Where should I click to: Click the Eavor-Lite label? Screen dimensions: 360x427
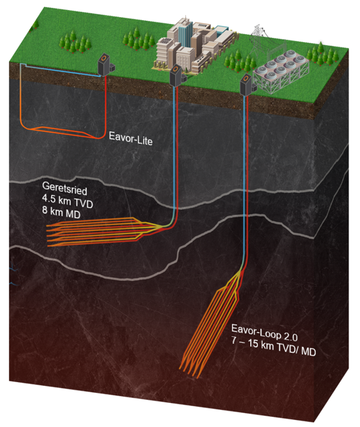click(x=131, y=139)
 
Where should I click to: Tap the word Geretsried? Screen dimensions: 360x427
click(x=65, y=189)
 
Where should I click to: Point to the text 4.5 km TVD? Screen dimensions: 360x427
click(x=67, y=201)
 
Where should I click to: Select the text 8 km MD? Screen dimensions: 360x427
click(x=61, y=213)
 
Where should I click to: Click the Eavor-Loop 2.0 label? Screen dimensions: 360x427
click(x=264, y=333)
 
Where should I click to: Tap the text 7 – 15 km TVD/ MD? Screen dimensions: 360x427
click(x=274, y=347)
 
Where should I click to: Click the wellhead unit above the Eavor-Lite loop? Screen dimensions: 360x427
click(x=106, y=65)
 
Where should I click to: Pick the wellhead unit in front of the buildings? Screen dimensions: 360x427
click(x=177, y=75)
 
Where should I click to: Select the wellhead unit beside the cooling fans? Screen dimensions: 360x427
click(x=248, y=85)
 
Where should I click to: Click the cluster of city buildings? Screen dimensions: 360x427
click(x=194, y=45)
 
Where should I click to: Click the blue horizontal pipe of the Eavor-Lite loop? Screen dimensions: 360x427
click(x=62, y=71)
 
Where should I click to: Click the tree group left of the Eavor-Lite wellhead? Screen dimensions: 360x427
click(x=74, y=42)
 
